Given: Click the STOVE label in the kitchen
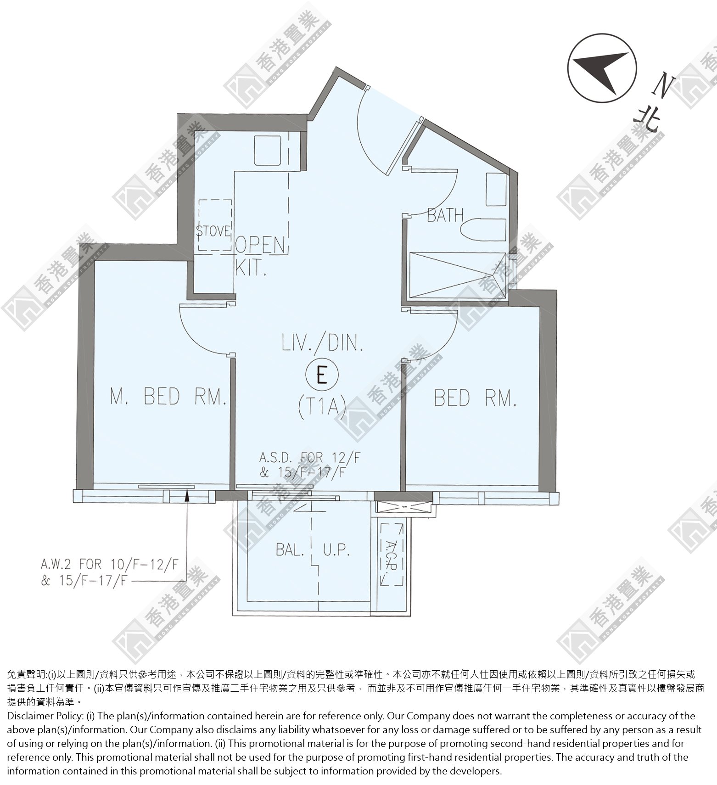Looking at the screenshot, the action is point(214,231).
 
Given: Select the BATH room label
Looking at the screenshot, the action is point(445,215).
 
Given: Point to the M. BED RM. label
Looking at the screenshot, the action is point(168,397).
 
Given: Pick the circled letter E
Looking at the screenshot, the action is point(322,375).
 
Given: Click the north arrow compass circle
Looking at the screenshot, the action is point(602,67).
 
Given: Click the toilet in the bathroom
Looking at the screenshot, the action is point(484,229).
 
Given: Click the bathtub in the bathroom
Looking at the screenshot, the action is point(454,276).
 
